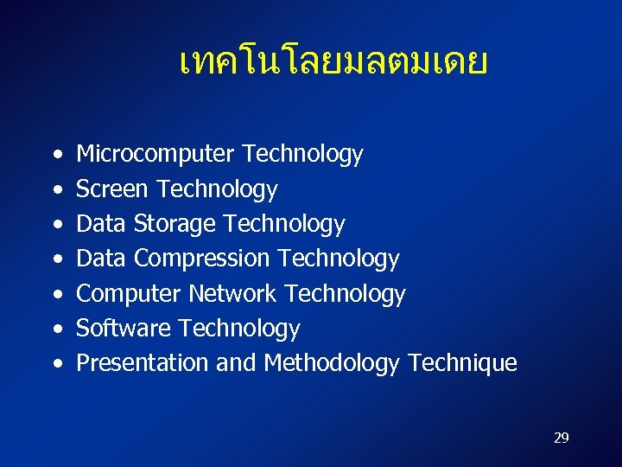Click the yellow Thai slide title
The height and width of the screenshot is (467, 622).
(333, 62)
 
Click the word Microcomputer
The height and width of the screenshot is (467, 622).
(156, 155)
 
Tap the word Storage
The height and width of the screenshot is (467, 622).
(175, 225)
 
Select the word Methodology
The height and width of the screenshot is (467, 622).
(332, 364)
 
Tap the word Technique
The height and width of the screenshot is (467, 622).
(462, 363)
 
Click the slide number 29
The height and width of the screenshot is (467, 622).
(561, 438)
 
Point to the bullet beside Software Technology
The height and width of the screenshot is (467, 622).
(56, 329)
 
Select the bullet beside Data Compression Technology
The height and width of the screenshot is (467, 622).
(56, 259)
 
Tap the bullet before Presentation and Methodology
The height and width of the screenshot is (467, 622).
(56, 364)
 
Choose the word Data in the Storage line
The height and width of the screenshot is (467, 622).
(102, 224)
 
